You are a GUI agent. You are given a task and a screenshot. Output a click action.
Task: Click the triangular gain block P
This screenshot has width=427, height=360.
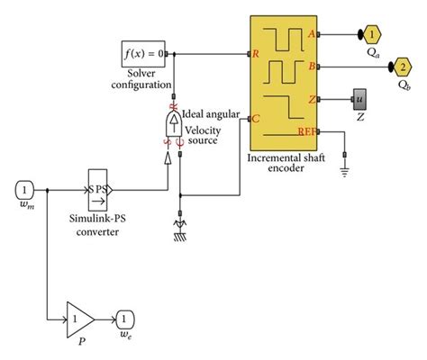coord(79,317)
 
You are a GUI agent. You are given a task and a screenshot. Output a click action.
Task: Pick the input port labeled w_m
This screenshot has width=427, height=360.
coord(25,191)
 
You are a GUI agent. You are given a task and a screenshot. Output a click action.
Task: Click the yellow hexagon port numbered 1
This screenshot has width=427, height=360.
coord(371,34)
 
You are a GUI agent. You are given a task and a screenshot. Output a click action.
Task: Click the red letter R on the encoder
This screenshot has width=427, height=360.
coord(257,53)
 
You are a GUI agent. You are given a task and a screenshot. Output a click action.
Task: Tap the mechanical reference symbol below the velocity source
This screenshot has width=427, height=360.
coord(180,232)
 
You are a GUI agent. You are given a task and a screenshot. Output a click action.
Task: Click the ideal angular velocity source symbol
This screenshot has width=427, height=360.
coord(172,123)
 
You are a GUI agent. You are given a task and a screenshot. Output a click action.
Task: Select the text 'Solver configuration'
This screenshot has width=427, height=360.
coord(142,78)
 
